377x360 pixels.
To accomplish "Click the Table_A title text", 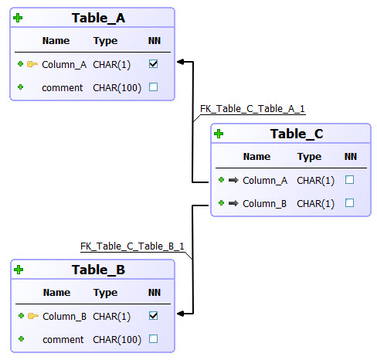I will click(x=98, y=19).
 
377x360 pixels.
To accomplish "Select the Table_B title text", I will click(x=98, y=270).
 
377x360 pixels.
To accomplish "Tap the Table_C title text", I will click(x=297, y=134).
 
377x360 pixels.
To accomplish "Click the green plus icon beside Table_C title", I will click(x=219, y=134).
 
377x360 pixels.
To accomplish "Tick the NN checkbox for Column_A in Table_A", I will click(x=153, y=64).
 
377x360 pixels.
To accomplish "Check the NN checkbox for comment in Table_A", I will click(x=153, y=87).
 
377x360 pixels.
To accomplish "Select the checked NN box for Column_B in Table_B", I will click(x=153, y=316).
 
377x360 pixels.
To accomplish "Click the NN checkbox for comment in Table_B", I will click(x=153, y=339).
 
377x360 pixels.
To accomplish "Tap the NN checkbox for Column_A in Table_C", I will click(x=350, y=180).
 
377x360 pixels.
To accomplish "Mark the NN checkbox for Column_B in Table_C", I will click(x=350, y=203).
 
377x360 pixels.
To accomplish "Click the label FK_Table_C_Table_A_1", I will click(x=252, y=110).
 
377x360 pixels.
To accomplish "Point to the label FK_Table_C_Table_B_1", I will click(x=132, y=246).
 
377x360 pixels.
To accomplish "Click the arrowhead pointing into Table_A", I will click(x=180, y=61).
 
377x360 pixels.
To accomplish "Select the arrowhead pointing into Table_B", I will click(x=180, y=314).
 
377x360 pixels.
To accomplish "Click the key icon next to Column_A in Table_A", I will click(x=32, y=64).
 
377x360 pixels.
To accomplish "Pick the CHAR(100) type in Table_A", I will click(x=117, y=87).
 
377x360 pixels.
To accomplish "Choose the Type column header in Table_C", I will click(x=309, y=156).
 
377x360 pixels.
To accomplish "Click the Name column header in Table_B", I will click(x=56, y=293).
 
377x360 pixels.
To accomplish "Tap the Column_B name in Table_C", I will click(x=265, y=203).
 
